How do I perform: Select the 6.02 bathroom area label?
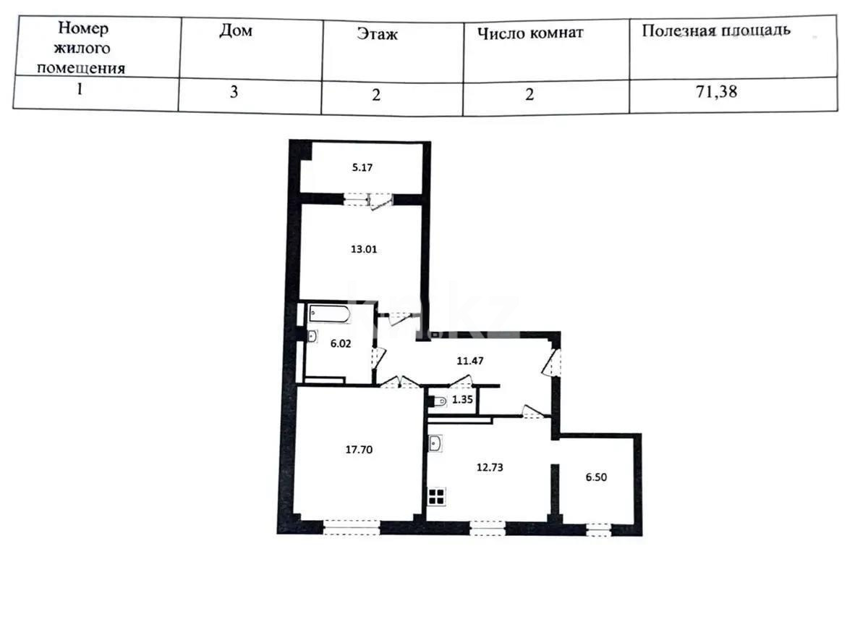(341, 345)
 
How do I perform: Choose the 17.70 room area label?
(359, 449)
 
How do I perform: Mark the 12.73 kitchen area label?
(489, 467)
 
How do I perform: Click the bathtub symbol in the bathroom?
(330, 315)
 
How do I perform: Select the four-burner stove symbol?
(437, 497)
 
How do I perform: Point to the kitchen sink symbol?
(436, 443)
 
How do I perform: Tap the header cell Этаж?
(377, 34)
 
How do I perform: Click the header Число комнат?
(530, 33)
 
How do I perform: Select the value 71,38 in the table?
(716, 92)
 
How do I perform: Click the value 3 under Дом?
(234, 93)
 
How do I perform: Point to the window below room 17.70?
(351, 527)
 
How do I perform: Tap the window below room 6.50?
(598, 529)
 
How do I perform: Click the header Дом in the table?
(236, 32)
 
